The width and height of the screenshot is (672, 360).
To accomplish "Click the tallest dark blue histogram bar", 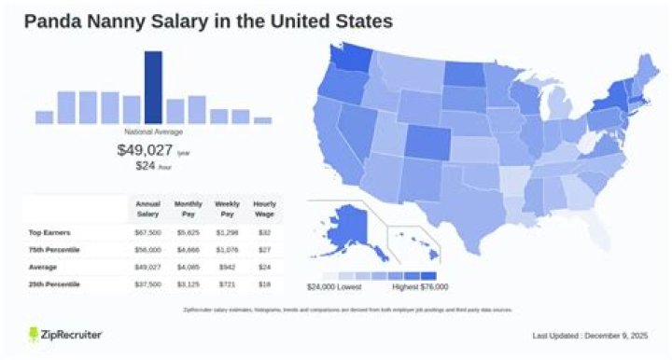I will tap(153, 87).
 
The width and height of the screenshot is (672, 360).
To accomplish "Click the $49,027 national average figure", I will tap(145, 149).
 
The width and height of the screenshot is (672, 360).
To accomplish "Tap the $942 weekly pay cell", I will tap(227, 266).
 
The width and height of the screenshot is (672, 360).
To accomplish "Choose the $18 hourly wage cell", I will tap(264, 284).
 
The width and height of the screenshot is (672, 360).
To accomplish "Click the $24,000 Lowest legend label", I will tap(333, 286).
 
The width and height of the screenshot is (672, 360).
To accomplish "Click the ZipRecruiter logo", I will tap(65, 334).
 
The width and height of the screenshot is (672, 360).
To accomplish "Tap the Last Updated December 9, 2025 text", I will tap(589, 335).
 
